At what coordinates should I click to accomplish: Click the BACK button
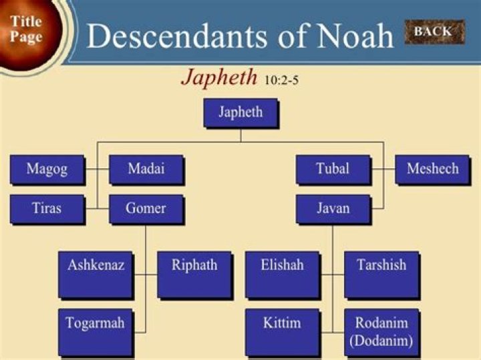pyautogui.click(x=433, y=31)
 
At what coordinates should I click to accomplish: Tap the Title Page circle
pyautogui.click(x=27, y=30)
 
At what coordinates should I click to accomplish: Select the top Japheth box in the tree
pyautogui.click(x=240, y=112)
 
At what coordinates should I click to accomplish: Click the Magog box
pyautogui.click(x=47, y=170)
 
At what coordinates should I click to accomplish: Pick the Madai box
pyautogui.click(x=146, y=170)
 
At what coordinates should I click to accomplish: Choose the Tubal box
pyautogui.click(x=333, y=170)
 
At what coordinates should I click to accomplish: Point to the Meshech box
pyautogui.click(x=432, y=170)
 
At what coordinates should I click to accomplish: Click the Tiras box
pyautogui.click(x=47, y=208)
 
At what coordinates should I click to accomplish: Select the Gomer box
pyautogui.click(x=146, y=208)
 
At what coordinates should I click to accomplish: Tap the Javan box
pyautogui.click(x=333, y=208)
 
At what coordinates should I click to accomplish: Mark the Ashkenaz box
pyautogui.click(x=96, y=274)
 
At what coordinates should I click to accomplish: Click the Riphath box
pyautogui.click(x=194, y=274)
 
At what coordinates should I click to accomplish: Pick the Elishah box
pyautogui.click(x=282, y=274)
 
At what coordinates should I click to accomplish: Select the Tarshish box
pyautogui.click(x=381, y=274)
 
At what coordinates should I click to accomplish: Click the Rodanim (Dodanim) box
pyautogui.click(x=381, y=331)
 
